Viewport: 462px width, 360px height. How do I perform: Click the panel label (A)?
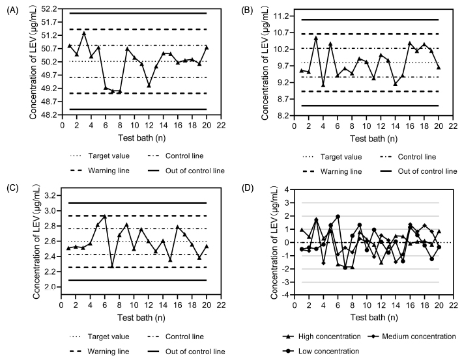(11, 10)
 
